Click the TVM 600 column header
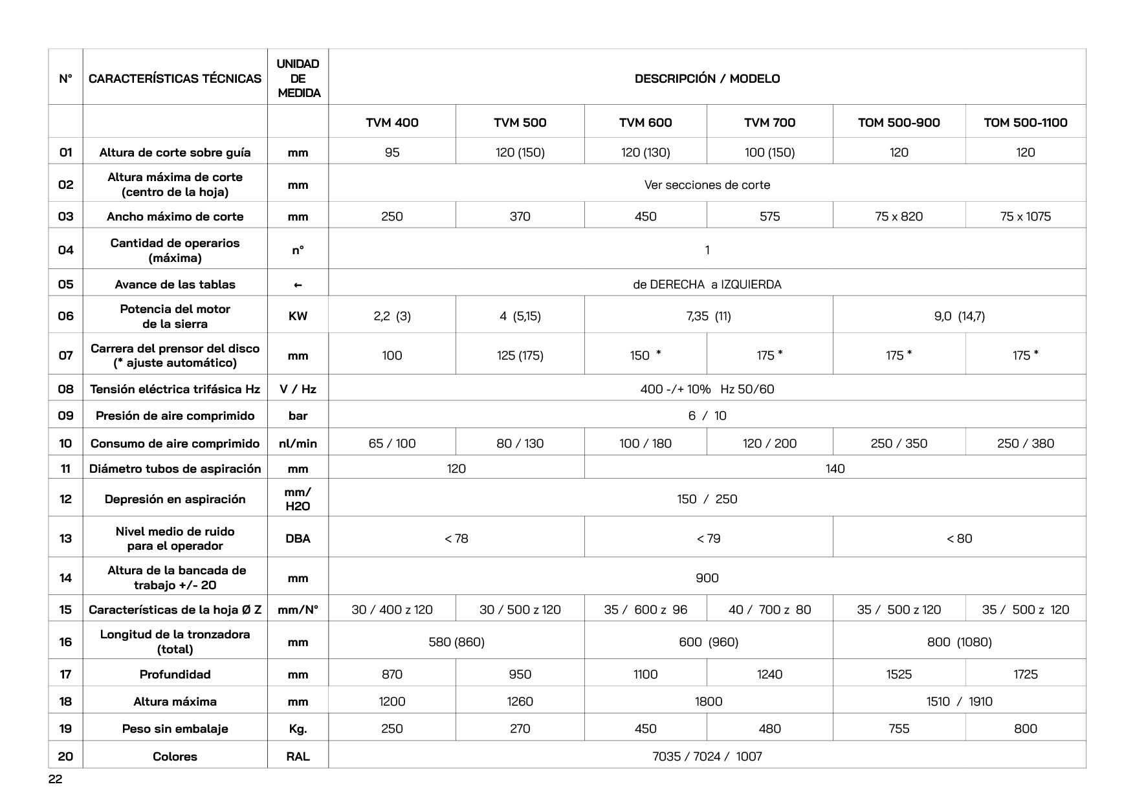(x=645, y=122)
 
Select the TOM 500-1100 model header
(x=1025, y=122)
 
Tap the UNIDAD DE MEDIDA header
(x=298, y=78)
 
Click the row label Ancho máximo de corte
(x=175, y=217)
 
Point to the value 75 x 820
(x=899, y=217)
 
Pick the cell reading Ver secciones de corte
(x=707, y=185)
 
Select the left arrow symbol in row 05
(x=298, y=285)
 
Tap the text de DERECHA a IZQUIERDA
(x=707, y=285)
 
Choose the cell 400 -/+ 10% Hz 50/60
(x=707, y=389)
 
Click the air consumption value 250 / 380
(x=1025, y=444)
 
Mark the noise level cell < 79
(x=708, y=539)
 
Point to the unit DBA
(x=298, y=539)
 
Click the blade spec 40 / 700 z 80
(x=769, y=610)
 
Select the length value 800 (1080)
(x=959, y=642)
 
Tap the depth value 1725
(x=1025, y=675)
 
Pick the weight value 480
(x=769, y=729)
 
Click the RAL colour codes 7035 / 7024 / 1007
(x=707, y=757)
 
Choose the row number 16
(x=65, y=642)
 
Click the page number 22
(x=56, y=779)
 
